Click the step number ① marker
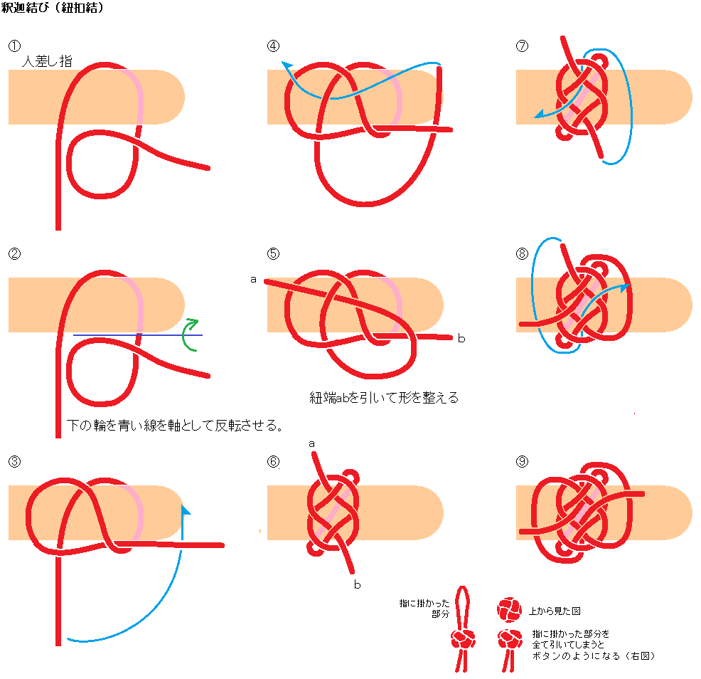[x=14, y=46]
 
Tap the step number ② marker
[x=14, y=253]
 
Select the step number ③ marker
[x=14, y=460]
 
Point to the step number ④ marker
[x=274, y=46]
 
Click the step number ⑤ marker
[x=274, y=253]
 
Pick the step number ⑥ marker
[x=274, y=460]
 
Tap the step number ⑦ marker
[x=523, y=46]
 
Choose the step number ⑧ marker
[x=523, y=253]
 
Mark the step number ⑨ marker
[x=523, y=460]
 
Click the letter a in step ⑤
[x=253, y=279]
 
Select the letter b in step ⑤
[x=461, y=338]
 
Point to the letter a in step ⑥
[x=311, y=443]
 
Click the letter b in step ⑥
[x=357, y=584]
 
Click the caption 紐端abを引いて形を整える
[x=384, y=398]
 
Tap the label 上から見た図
[x=555, y=611]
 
